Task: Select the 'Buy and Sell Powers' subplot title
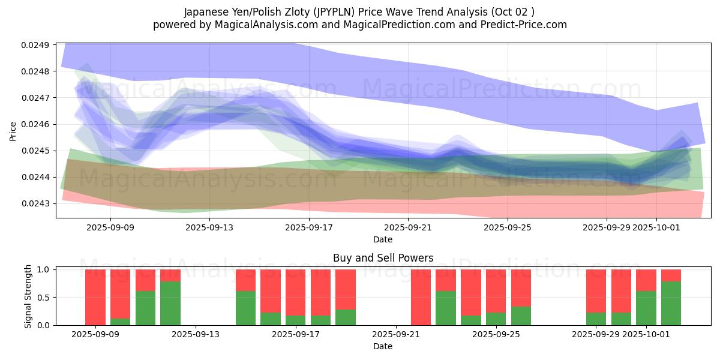click(383, 259)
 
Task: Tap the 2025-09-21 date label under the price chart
click(408, 227)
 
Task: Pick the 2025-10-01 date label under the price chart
click(656, 227)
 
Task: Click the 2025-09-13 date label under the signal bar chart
click(196, 334)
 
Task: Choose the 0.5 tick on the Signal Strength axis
click(44, 298)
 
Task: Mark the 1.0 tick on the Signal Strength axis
click(44, 269)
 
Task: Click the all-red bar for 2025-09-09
click(95, 297)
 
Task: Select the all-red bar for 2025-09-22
click(421, 297)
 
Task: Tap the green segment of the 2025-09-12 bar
click(170, 303)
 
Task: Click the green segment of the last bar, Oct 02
click(671, 303)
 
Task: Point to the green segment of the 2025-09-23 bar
click(446, 308)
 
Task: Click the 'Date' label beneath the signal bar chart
click(383, 346)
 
